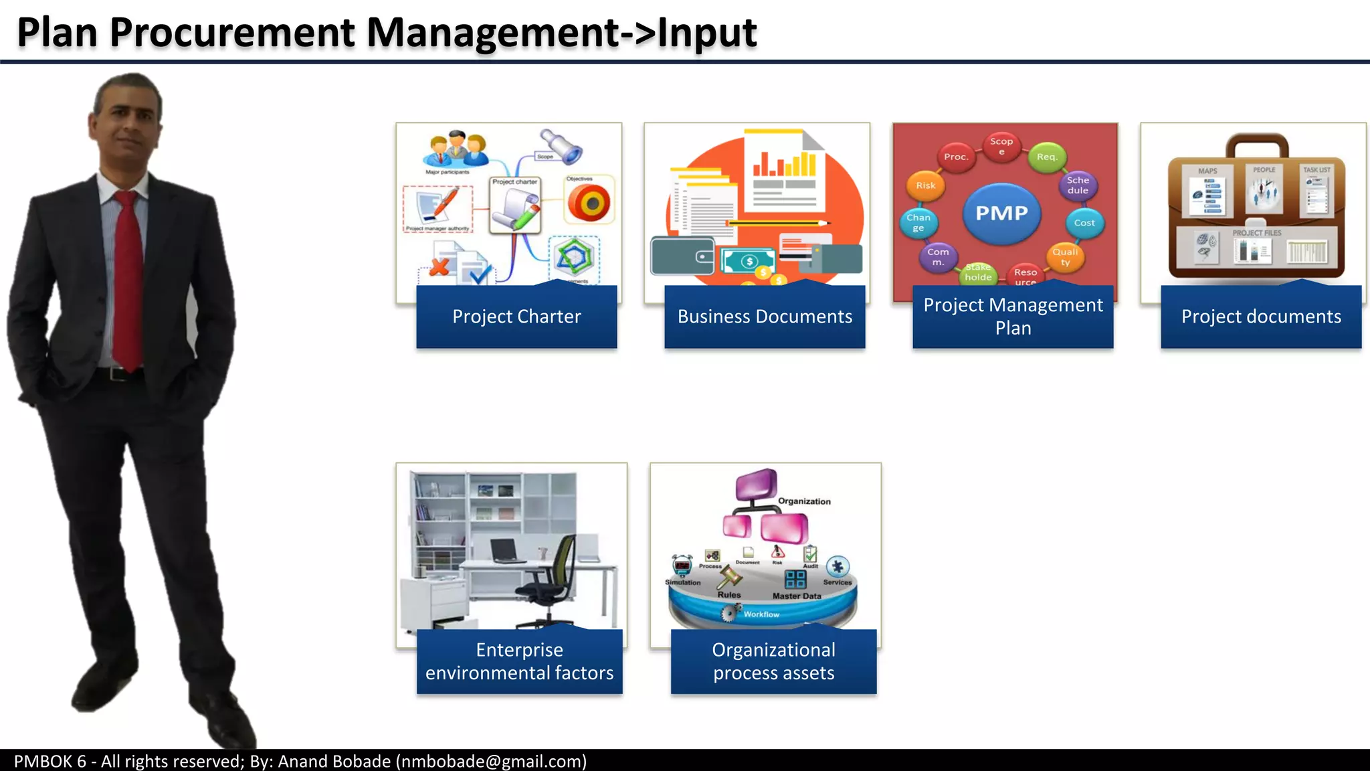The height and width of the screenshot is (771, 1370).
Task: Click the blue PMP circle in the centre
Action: tap(1001, 213)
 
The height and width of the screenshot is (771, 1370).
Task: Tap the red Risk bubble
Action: tap(926, 185)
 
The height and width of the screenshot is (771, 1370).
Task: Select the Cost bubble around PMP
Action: tap(1084, 223)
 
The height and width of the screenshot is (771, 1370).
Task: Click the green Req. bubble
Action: tap(1047, 157)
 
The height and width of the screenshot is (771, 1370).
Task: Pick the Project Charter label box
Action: tap(516, 317)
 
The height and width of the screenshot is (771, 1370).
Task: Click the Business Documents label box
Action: tap(765, 317)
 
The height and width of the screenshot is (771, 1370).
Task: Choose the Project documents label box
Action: tap(1261, 317)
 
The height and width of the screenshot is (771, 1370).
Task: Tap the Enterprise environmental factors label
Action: tap(519, 661)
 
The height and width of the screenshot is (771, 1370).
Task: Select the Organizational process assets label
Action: tap(773, 661)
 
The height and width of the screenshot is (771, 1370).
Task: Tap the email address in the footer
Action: tap(491, 761)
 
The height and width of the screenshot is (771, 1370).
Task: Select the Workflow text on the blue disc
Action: tap(761, 614)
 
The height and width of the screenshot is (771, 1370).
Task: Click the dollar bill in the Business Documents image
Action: tap(748, 261)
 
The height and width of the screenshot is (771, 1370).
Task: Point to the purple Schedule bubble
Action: tap(1078, 185)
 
